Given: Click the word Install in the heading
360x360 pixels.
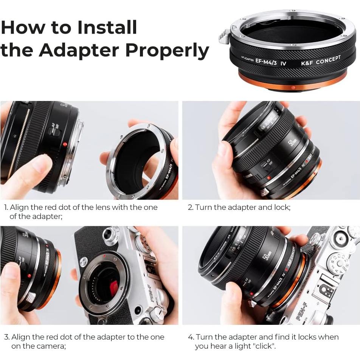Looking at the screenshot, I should pos(107,27).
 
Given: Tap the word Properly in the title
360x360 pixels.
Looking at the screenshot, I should pos(167,50).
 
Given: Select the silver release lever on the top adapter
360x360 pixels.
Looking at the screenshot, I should pos(224,37).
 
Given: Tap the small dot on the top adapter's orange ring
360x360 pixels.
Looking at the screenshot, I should pos(293,88).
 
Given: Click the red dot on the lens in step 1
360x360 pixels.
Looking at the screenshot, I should pos(65,144).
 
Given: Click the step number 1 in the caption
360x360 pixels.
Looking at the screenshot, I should pos(6,208).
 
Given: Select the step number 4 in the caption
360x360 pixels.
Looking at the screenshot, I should pos(191,337).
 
